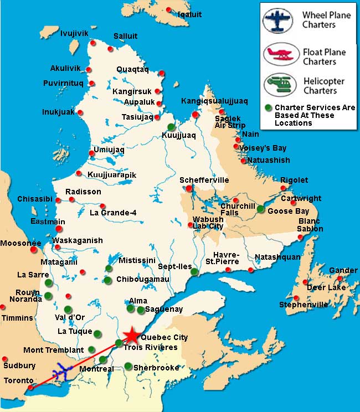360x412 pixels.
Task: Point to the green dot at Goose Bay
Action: click(261, 209)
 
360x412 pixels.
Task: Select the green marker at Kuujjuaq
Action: click(172, 127)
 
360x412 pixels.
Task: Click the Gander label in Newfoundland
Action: click(343, 270)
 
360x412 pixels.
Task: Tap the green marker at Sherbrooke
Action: click(128, 366)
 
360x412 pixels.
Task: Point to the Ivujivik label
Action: click(74, 34)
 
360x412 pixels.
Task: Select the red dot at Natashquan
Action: click(250, 270)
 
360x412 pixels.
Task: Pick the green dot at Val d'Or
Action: click(68, 309)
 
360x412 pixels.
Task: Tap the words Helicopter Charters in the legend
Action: click(324, 86)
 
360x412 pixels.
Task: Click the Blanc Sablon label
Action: click(310, 225)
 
